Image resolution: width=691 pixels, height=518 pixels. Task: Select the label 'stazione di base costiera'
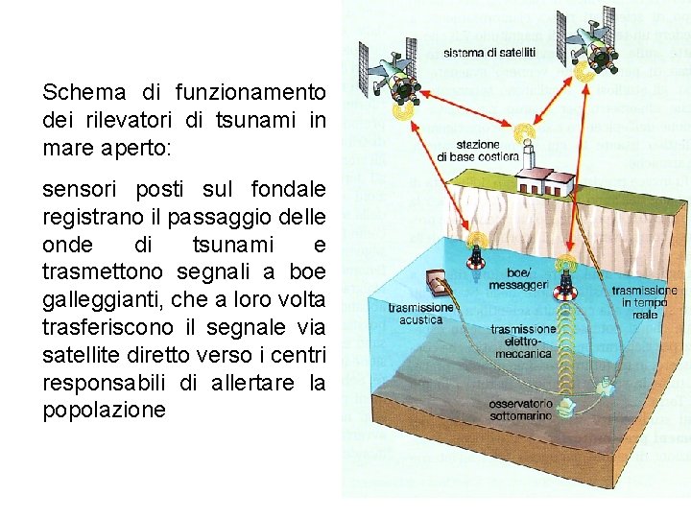click(477, 150)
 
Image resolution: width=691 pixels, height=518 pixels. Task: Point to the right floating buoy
click(567, 281)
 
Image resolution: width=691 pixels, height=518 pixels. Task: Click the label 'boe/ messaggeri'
click(517, 278)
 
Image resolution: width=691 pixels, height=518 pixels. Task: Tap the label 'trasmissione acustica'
click(420, 313)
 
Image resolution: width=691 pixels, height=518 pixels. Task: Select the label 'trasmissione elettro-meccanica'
click(523, 341)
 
